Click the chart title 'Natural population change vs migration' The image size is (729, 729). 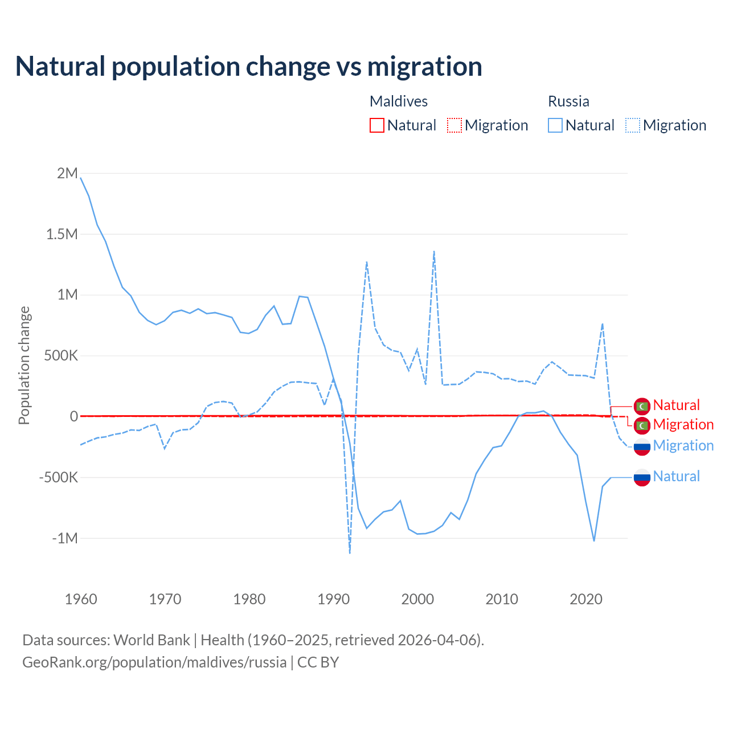(249, 67)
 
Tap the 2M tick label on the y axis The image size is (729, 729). (67, 173)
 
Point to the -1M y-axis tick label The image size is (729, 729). (64, 538)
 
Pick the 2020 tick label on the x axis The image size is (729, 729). (586, 599)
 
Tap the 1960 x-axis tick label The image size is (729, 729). (81, 599)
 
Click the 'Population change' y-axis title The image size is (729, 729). (24, 366)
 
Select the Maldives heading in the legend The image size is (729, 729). (399, 101)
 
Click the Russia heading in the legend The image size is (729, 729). (568, 101)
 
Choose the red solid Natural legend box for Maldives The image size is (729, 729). (377, 125)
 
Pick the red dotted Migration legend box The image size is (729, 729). (454, 125)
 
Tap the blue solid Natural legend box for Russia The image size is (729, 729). (555, 125)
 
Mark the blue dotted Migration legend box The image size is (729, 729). (633, 125)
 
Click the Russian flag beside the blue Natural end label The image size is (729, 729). (642, 477)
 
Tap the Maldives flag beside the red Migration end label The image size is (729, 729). (642, 425)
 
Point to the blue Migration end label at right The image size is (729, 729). (683, 445)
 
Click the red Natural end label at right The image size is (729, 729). (676, 405)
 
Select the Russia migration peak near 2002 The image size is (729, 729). (434, 251)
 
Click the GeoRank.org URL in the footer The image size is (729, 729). (154, 662)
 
